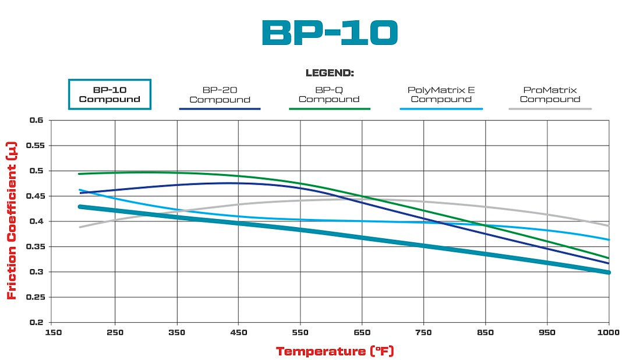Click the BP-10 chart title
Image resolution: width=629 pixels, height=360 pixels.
(329, 33)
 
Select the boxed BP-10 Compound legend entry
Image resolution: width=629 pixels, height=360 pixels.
(109, 94)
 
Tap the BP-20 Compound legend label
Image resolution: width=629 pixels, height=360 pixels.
(220, 94)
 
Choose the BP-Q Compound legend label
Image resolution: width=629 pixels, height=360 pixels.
(329, 94)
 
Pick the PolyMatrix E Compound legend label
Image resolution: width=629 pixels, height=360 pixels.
(441, 94)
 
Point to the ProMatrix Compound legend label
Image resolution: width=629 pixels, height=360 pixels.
(550, 94)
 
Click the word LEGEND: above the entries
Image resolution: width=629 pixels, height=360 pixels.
(330, 73)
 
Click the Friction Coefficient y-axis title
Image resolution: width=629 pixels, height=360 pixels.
(12, 221)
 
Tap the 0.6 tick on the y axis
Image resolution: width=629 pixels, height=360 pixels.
(37, 121)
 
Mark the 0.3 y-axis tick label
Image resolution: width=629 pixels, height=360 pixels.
(37, 272)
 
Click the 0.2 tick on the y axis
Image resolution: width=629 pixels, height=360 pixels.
(37, 322)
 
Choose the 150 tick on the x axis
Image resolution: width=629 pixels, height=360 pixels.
(53, 333)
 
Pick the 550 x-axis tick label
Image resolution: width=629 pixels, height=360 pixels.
(301, 333)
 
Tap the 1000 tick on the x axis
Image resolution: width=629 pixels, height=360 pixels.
(607, 333)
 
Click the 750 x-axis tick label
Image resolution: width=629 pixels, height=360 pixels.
(424, 333)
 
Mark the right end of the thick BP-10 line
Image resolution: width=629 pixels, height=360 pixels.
(608, 272)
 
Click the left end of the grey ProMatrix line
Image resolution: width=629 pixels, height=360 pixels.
(80, 227)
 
